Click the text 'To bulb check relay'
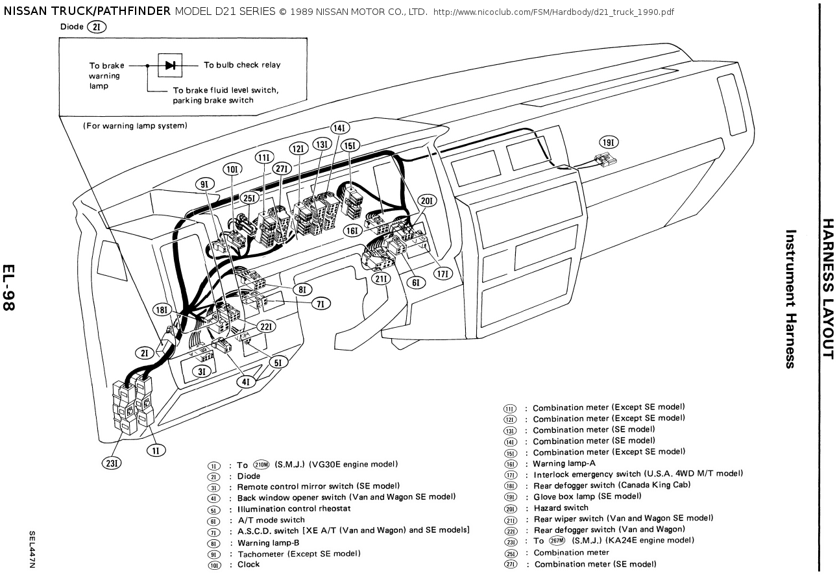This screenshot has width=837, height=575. [242, 65]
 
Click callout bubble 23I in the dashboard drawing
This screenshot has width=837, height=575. [114, 463]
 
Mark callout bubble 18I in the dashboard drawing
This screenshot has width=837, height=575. [163, 310]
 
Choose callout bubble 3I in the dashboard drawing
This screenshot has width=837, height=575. [202, 371]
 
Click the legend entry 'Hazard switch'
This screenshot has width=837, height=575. [561, 508]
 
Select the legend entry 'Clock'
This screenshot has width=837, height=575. [249, 565]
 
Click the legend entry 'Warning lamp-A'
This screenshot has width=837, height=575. [564, 463]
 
